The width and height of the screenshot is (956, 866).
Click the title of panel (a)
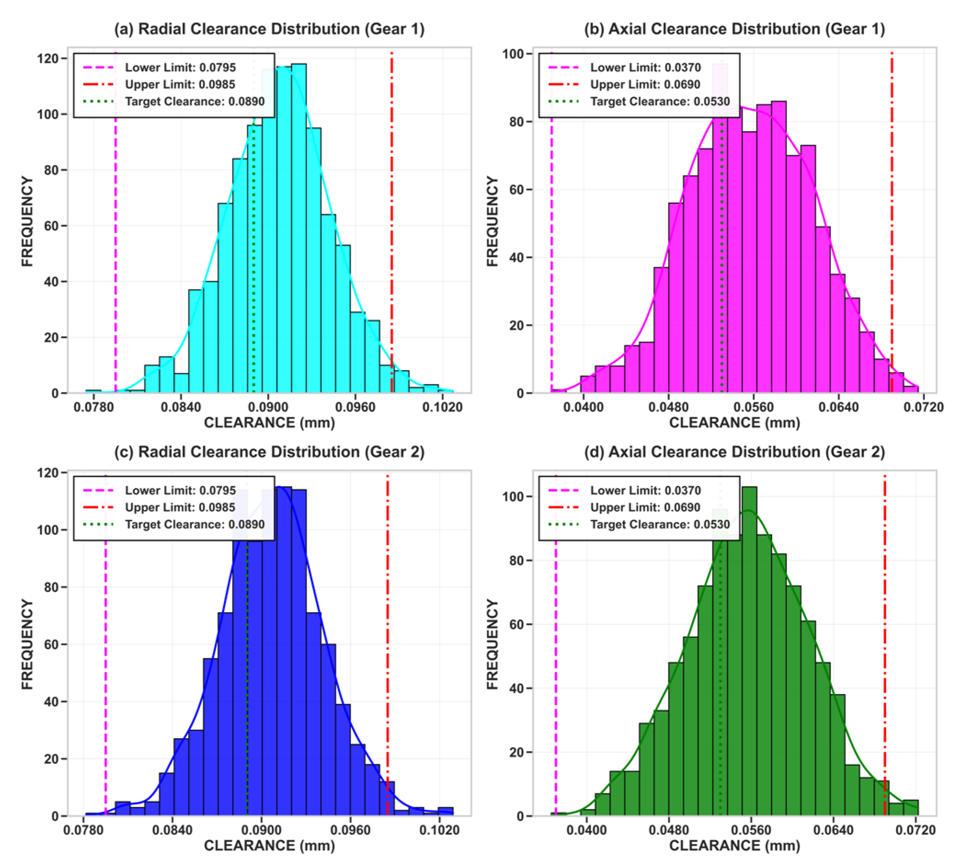pyautogui.click(x=269, y=29)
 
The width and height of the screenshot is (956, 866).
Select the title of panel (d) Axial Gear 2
pyautogui.click(x=734, y=452)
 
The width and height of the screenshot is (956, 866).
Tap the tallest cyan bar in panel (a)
pyautogui.click(x=299, y=228)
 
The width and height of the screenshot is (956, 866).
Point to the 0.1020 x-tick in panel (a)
pyautogui.click(x=442, y=407)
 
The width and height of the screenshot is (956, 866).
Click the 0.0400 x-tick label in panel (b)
pyautogui.click(x=583, y=407)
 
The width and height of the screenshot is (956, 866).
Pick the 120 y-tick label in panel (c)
pyautogui.click(x=47, y=473)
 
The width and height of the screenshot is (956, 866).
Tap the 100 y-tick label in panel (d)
pyautogui.click(x=513, y=496)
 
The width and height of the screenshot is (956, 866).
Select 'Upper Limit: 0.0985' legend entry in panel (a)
pyautogui.click(x=180, y=85)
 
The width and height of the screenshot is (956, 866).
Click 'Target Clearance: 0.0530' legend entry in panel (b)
pyautogui.click(x=660, y=102)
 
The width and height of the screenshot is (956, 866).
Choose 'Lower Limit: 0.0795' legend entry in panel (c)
pyautogui.click(x=180, y=490)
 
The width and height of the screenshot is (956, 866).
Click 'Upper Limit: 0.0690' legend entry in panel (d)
pyautogui.click(x=645, y=507)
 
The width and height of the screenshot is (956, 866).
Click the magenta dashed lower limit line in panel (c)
pyautogui.click(x=105, y=664)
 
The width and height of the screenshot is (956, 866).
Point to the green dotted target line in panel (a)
pyautogui.click(x=254, y=261)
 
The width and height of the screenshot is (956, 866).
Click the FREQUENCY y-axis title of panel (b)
pyautogui.click(x=492, y=221)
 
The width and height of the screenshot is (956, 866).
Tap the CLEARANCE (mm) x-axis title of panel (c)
pyautogui.click(x=269, y=845)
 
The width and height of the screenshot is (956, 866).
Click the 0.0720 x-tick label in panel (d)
pyautogui.click(x=916, y=830)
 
